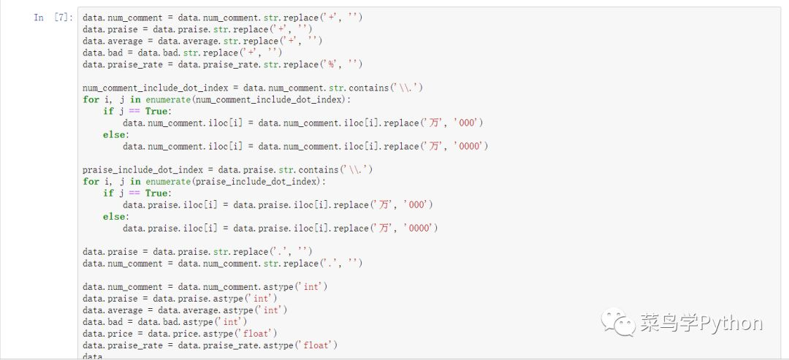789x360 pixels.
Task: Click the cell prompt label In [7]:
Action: (x=53, y=18)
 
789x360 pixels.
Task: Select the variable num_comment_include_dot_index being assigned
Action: (x=156, y=88)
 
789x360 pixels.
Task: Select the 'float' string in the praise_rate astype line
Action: (x=315, y=345)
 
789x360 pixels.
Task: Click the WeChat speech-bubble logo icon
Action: (x=618, y=323)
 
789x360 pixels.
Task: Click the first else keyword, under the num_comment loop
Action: (x=115, y=135)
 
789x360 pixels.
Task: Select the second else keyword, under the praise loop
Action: (x=115, y=217)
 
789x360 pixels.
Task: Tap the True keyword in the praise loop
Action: (x=157, y=193)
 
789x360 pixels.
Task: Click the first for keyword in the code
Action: (x=91, y=99)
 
